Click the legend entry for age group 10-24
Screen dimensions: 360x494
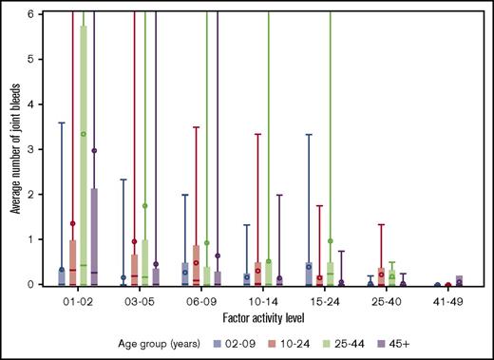[275, 336]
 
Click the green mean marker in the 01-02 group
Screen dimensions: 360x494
[84, 134]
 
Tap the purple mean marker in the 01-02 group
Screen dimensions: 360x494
[95, 151]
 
